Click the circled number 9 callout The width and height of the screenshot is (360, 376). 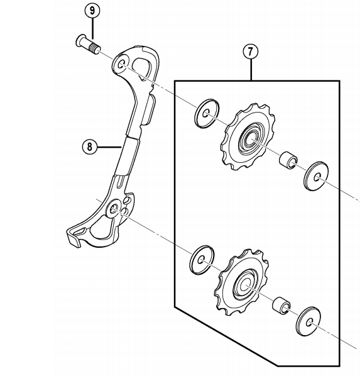(x=93, y=11)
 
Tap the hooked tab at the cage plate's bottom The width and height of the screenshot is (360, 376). (x=74, y=237)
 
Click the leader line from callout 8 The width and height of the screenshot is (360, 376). (x=109, y=147)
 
